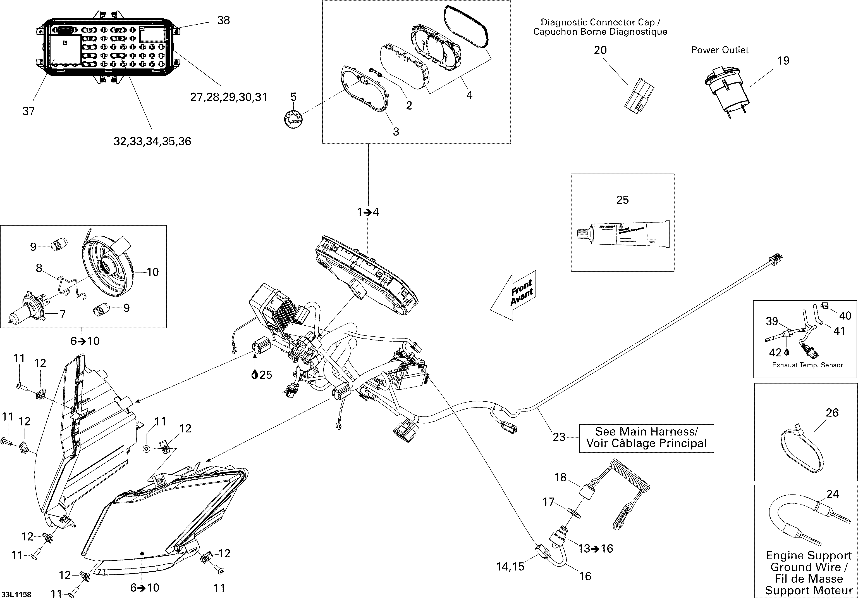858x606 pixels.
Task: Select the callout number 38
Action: pyautogui.click(x=223, y=20)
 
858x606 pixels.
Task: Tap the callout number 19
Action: pyautogui.click(x=783, y=61)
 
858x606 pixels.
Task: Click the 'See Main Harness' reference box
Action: pyautogui.click(x=646, y=438)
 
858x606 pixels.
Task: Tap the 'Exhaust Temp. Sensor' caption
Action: pyautogui.click(x=807, y=365)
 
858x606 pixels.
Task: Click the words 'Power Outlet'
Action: pyautogui.click(x=720, y=50)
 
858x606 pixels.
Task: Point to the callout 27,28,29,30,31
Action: pyautogui.click(x=229, y=97)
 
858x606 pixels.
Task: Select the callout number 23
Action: pyautogui.click(x=559, y=437)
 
